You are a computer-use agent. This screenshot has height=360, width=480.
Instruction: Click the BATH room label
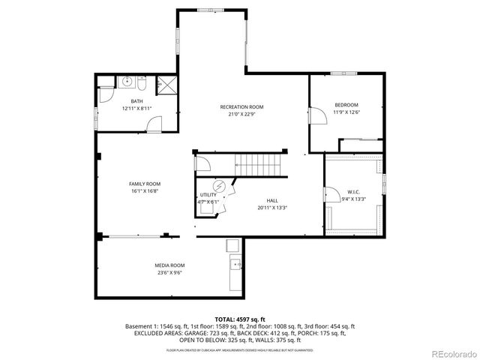click(x=136, y=101)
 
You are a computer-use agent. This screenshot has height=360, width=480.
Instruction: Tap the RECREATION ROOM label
click(x=241, y=107)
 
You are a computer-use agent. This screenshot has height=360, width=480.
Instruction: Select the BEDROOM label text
click(x=346, y=104)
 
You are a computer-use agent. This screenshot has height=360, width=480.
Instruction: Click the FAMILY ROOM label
click(x=145, y=184)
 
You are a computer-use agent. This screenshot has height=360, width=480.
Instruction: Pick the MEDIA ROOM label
click(x=171, y=265)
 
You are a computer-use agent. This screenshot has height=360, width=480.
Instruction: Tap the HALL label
click(x=272, y=201)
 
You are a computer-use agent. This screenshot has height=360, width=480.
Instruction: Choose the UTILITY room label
click(x=208, y=194)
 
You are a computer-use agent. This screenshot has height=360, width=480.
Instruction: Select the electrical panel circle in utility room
click(x=220, y=185)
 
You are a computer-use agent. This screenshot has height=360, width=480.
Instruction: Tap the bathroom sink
click(x=128, y=81)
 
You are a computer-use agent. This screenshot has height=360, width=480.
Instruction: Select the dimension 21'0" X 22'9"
click(x=241, y=115)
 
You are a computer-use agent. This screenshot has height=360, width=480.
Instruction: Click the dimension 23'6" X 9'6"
click(x=171, y=273)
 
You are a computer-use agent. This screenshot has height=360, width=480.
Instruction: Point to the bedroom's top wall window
click(x=341, y=73)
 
